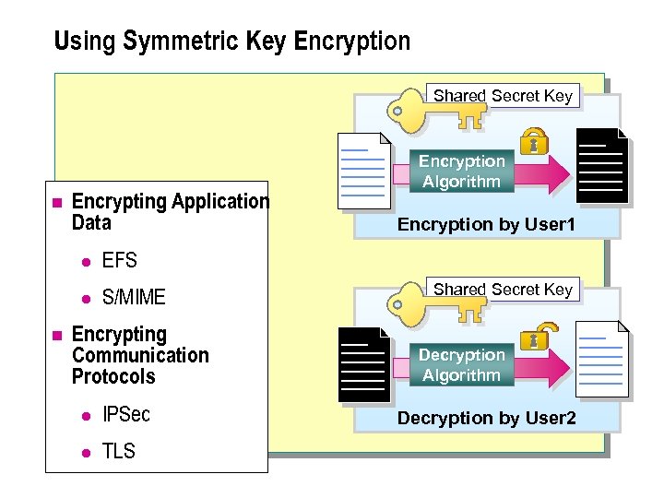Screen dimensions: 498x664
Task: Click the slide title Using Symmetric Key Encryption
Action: coord(231,41)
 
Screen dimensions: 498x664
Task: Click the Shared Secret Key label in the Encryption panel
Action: coord(503,96)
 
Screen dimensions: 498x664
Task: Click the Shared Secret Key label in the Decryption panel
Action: coord(503,290)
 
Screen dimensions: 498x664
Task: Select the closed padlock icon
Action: coord(532,142)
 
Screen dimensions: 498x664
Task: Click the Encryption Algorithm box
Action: coord(461,172)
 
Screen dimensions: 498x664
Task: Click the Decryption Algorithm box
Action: coord(461,365)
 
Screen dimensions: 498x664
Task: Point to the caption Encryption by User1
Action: coord(486,224)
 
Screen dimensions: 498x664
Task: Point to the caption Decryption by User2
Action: coord(486,419)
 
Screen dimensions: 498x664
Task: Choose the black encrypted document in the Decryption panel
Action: coord(362,363)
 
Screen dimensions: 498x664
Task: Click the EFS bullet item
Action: coord(119,261)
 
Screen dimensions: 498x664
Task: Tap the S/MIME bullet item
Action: coord(134,297)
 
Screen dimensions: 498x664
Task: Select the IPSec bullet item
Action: coord(125,414)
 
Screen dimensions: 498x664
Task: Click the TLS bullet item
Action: coord(118,451)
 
